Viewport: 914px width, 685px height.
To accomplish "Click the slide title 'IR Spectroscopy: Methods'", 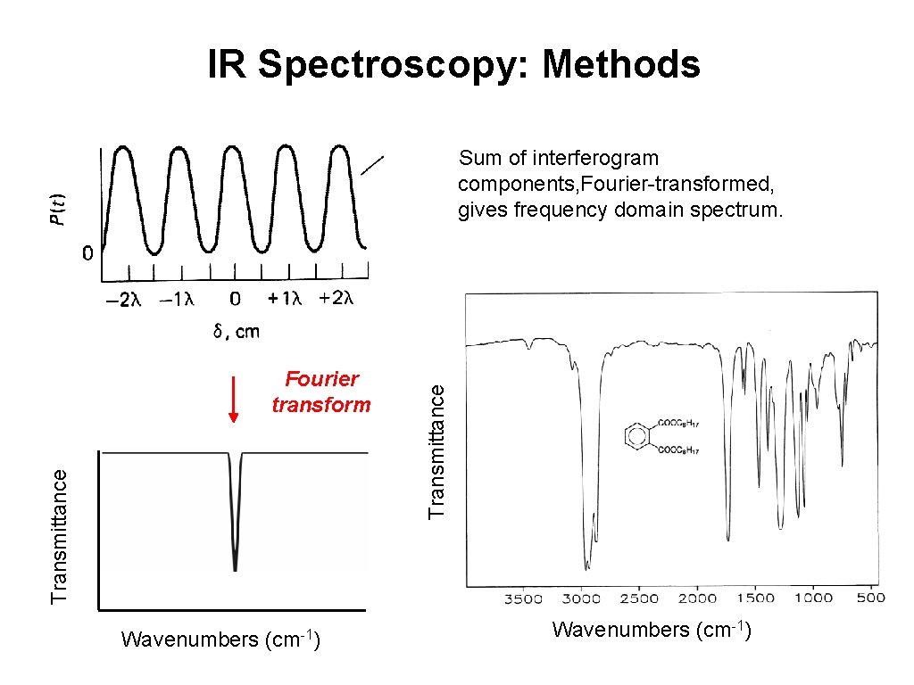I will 454,65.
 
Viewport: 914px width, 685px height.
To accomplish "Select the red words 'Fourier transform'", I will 320,392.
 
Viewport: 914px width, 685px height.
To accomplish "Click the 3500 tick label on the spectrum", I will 524,598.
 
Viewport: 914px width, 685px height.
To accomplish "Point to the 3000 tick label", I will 582,598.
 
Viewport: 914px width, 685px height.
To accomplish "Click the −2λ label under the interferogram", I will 123,300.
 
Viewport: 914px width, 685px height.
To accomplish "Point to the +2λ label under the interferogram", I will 337,298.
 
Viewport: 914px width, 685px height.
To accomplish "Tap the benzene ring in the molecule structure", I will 636,436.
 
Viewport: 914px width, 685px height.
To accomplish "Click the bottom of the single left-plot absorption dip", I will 235,567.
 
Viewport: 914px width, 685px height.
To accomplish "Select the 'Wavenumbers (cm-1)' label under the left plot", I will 220,640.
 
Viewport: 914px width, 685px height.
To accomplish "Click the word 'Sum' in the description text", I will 478,159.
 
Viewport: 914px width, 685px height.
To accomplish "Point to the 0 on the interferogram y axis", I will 87,254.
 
